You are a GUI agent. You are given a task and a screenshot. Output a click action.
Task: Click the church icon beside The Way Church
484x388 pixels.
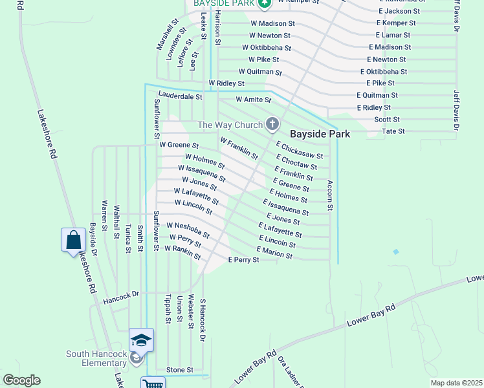[x=272, y=124]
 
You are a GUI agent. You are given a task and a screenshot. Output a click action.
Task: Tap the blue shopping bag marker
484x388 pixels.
[x=73, y=240]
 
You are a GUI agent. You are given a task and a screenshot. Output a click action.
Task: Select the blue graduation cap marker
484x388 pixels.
[x=141, y=339]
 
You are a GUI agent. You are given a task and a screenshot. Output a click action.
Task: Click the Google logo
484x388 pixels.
[x=21, y=380]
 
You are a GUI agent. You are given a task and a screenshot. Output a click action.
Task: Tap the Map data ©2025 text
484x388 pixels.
[x=456, y=383]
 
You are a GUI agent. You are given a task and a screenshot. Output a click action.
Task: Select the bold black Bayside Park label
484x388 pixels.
[x=320, y=134]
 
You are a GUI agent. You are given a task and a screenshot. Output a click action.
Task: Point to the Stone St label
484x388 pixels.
[x=180, y=370]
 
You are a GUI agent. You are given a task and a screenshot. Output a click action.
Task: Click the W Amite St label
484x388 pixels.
[x=253, y=100]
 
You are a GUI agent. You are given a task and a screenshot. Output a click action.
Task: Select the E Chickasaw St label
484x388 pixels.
[x=300, y=151]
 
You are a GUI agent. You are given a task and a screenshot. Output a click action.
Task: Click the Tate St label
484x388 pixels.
[x=393, y=131]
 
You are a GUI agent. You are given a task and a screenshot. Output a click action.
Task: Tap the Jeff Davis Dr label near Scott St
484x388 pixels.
[x=456, y=111]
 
